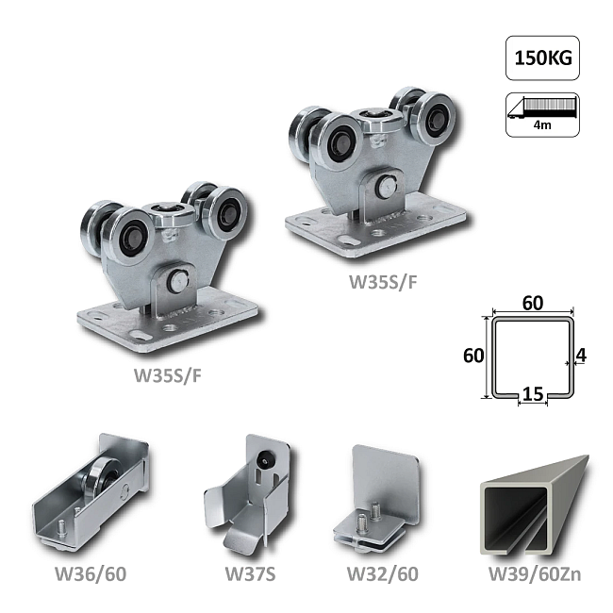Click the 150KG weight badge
click(542, 58)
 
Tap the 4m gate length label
click(542, 125)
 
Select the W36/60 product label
click(91, 574)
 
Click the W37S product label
click(251, 574)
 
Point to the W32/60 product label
click(383, 574)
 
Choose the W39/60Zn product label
click(535, 574)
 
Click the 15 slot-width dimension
click(533, 393)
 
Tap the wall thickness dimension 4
click(581, 356)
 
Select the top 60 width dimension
click(533, 303)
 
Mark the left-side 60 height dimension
click(473, 356)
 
